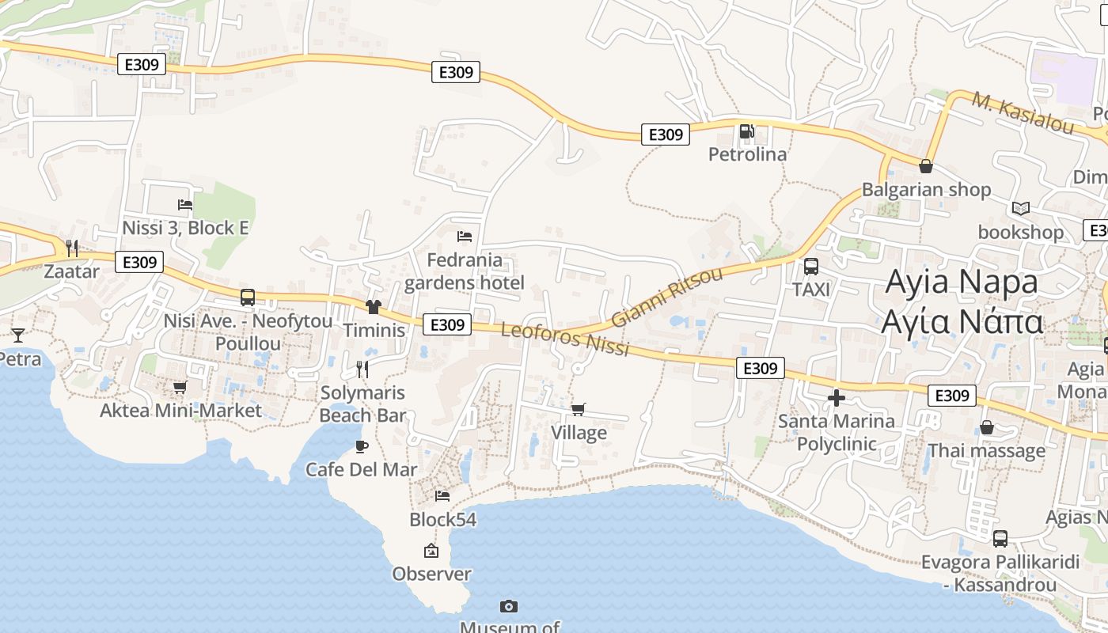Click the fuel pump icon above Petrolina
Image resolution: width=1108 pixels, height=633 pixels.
pyautogui.click(x=746, y=131)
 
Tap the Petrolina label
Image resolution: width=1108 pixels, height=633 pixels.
pyautogui.click(x=747, y=154)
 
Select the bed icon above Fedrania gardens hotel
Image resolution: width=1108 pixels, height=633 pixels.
pyautogui.click(x=465, y=237)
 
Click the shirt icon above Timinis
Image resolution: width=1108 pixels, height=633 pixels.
pyautogui.click(x=374, y=307)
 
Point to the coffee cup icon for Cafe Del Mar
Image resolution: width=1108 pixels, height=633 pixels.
pyautogui.click(x=362, y=446)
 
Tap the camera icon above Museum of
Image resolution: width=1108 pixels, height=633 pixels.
pyautogui.click(x=509, y=606)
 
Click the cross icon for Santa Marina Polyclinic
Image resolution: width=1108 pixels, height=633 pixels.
pyautogui.click(x=836, y=397)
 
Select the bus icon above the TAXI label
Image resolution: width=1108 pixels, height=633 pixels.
pyautogui.click(x=811, y=267)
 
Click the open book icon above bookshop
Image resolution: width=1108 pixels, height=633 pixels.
pyautogui.click(x=1021, y=208)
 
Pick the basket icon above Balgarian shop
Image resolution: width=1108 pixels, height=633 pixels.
pyautogui.click(x=925, y=166)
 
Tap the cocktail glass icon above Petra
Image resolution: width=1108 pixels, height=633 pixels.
pyautogui.click(x=17, y=335)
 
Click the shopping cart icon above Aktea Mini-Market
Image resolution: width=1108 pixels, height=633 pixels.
pyautogui.click(x=180, y=388)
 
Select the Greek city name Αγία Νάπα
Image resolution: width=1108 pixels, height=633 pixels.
pyautogui.click(x=962, y=323)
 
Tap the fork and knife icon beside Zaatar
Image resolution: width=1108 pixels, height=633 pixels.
pyautogui.click(x=72, y=248)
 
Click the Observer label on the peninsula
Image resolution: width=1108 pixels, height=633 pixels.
pyautogui.click(x=431, y=574)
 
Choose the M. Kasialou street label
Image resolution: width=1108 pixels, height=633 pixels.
pyautogui.click(x=1023, y=113)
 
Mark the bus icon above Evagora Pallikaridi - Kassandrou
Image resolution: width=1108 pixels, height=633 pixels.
pyautogui.click(x=1000, y=539)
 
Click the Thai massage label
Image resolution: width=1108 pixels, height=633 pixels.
pyautogui.click(x=986, y=451)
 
